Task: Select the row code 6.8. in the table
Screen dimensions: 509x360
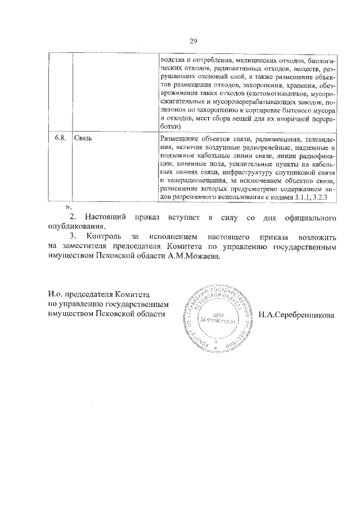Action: click(60, 137)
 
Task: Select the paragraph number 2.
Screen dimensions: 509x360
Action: click(71, 217)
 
